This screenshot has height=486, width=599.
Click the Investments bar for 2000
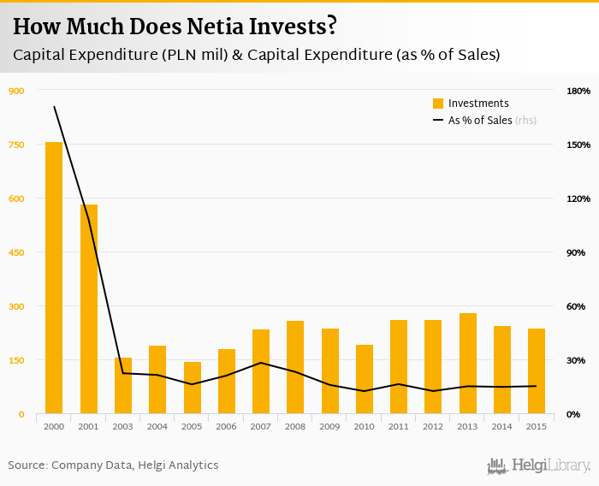[54, 278]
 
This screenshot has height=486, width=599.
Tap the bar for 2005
[193, 388]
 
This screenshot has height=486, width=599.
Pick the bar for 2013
[468, 364]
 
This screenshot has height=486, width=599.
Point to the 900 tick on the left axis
[16, 91]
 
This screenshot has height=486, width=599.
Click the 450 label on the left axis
[16, 252]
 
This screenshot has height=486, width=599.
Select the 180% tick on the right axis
[578, 91]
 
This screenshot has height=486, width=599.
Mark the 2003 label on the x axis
[123, 427]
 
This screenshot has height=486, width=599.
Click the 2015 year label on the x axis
[537, 427]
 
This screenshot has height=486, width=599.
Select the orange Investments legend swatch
[438, 104]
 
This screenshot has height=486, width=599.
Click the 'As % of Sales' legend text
[480, 121]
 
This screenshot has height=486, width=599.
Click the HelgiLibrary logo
[539, 465]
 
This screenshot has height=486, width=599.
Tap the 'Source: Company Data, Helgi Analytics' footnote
[113, 465]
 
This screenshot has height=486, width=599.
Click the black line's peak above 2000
[54, 106]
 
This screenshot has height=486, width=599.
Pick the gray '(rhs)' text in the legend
[525, 121]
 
